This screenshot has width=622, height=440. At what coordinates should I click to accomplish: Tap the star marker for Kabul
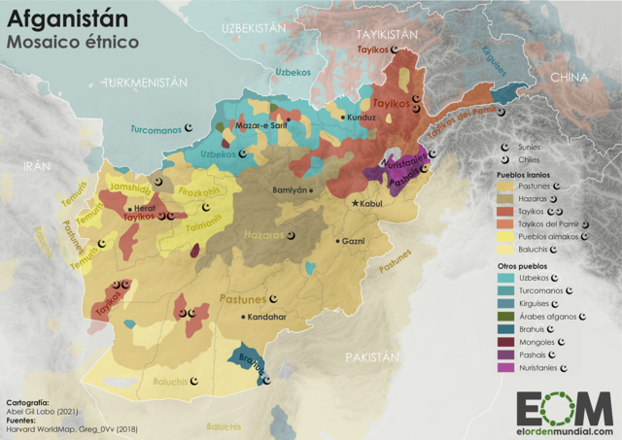(x=356, y=204)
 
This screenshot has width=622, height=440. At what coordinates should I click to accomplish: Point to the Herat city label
(x=145, y=207)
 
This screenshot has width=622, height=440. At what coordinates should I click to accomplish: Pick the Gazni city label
(x=353, y=240)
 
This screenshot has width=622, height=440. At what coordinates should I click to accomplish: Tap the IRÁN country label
(x=36, y=166)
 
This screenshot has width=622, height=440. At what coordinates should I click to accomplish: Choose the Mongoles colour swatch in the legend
(x=505, y=343)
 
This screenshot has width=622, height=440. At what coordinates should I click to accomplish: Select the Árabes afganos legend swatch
(x=505, y=317)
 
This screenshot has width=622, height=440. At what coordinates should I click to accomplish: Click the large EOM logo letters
(x=564, y=409)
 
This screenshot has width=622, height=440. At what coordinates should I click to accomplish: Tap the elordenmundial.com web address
(x=564, y=431)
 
